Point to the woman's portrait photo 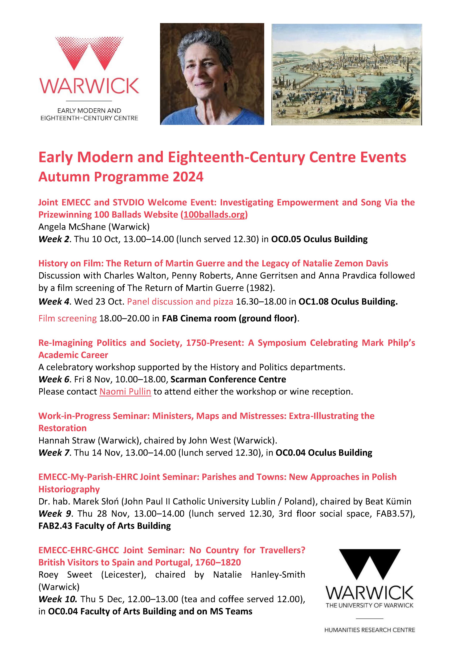212,74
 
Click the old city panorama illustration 347,74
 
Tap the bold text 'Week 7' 54,453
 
